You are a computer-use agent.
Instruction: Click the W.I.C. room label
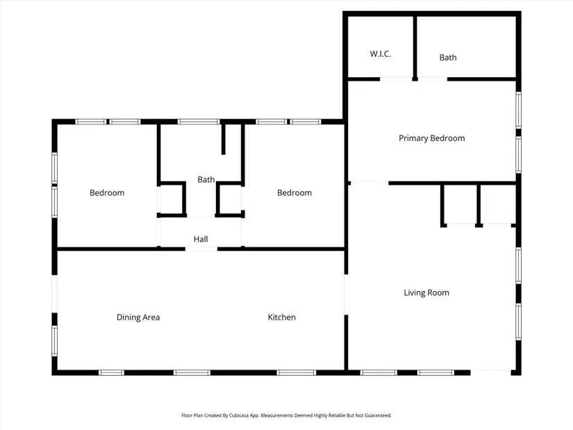click(x=381, y=54)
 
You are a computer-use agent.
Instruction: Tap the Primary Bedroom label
click(x=431, y=138)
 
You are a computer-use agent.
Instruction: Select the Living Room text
click(x=426, y=292)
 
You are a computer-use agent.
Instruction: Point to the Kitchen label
click(x=282, y=317)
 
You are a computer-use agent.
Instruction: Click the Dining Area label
click(x=138, y=317)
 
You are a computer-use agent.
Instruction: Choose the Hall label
click(x=201, y=239)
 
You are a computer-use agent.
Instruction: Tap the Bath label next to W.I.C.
click(x=448, y=58)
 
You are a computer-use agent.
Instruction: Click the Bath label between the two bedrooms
click(x=206, y=179)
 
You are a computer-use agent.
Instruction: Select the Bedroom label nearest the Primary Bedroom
click(x=294, y=192)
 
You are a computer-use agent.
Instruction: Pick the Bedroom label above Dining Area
click(x=107, y=192)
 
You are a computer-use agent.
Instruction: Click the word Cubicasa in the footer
click(x=239, y=415)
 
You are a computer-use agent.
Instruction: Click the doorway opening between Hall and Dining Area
click(x=201, y=249)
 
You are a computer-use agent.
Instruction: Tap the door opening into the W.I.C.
click(x=396, y=79)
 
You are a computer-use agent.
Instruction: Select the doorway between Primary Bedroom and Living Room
click(x=369, y=183)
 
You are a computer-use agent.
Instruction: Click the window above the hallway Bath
click(x=199, y=122)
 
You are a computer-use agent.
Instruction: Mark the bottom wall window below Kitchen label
click(x=297, y=372)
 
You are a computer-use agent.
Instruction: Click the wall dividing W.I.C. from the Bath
click(x=415, y=47)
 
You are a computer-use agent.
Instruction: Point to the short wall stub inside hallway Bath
click(x=224, y=140)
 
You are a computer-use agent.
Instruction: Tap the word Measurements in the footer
click(x=277, y=415)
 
